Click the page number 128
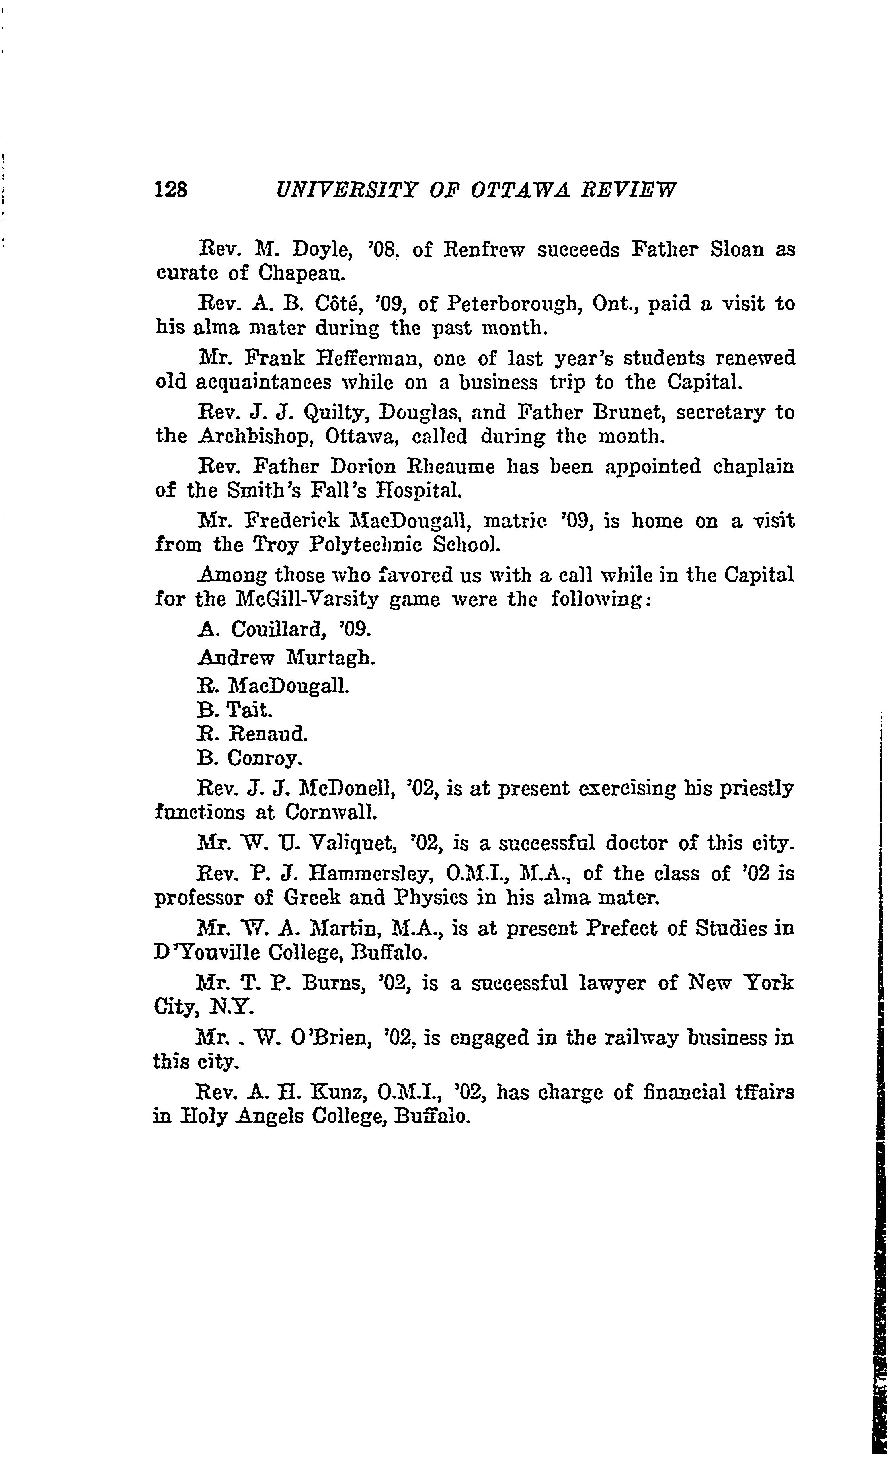(x=171, y=190)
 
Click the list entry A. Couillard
(x=283, y=628)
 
